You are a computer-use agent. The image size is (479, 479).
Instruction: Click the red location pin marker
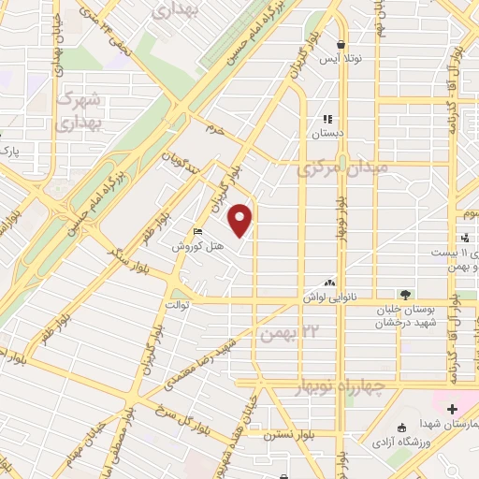click(242, 220)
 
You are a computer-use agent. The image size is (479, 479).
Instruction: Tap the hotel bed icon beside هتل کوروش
click(196, 232)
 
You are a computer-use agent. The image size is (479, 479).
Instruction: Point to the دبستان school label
click(327, 133)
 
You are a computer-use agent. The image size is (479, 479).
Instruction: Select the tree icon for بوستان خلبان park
click(404, 296)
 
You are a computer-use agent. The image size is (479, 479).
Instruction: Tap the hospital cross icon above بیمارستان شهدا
click(453, 408)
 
